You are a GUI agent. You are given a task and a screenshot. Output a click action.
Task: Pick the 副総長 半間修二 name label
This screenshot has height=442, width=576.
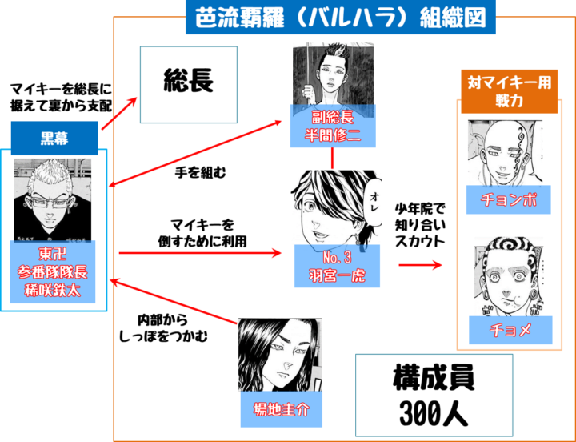pyautogui.click(x=331, y=127)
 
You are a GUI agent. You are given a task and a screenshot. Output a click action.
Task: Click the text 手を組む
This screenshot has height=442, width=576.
pyautogui.click(x=197, y=171)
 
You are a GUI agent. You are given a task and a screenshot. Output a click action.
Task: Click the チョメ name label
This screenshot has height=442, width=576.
pyautogui.click(x=509, y=330)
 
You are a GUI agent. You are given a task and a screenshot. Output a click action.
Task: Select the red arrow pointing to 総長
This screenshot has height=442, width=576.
pyautogui.click(x=119, y=116)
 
